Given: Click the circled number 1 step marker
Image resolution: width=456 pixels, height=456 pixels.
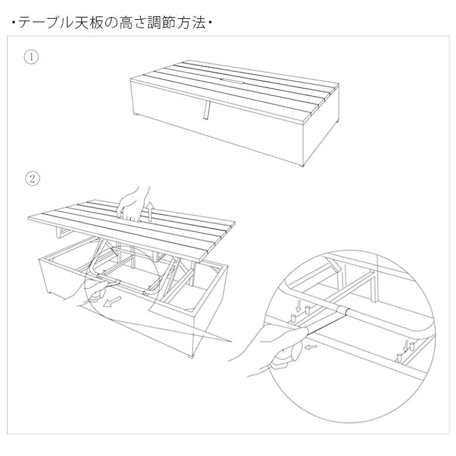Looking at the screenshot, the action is tap(31, 57).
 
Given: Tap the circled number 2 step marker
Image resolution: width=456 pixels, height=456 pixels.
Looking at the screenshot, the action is tap(32, 178).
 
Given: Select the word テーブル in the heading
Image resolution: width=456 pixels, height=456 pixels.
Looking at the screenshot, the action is tap(45, 23).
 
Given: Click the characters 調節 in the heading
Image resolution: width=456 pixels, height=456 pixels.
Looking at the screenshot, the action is tap(162, 23).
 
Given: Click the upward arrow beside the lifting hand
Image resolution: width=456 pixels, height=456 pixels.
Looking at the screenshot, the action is tap(150, 212).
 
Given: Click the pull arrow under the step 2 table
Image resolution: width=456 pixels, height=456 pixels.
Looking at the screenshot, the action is tap(112, 301).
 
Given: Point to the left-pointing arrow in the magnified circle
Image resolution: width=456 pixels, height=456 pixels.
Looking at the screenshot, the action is tap(311, 346).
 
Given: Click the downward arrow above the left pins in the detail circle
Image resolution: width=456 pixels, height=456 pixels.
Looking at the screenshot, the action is tap(298, 306).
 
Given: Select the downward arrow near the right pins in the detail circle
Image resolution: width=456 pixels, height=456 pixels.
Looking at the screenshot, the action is tap(405, 346).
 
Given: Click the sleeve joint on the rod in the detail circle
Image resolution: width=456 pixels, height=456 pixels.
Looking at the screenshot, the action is tap(343, 311).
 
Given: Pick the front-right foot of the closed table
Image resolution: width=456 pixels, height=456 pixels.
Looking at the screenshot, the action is tap(302, 165).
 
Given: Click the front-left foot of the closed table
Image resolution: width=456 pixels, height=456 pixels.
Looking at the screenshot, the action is tap(137, 115).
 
